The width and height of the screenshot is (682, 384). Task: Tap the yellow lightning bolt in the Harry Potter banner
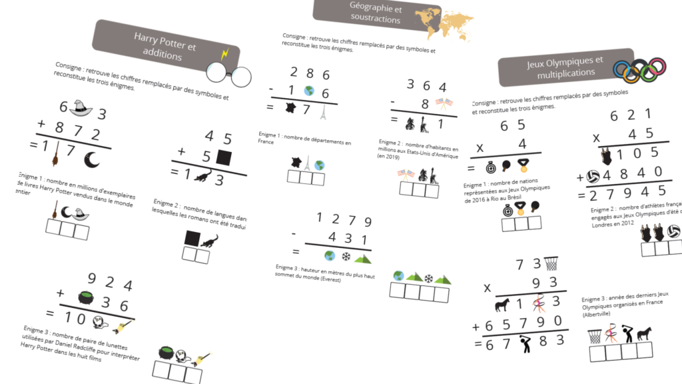pyautogui.click(x=226, y=53)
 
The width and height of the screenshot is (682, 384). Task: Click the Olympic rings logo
pyautogui.click(x=639, y=68)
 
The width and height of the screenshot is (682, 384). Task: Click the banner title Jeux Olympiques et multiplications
pyautogui.click(x=565, y=67)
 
